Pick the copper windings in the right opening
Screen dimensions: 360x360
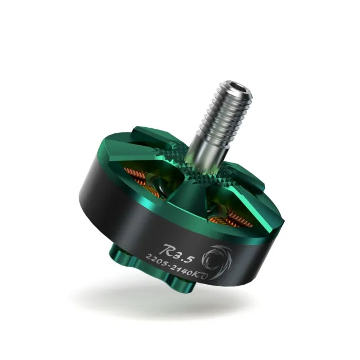(x=233, y=217)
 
